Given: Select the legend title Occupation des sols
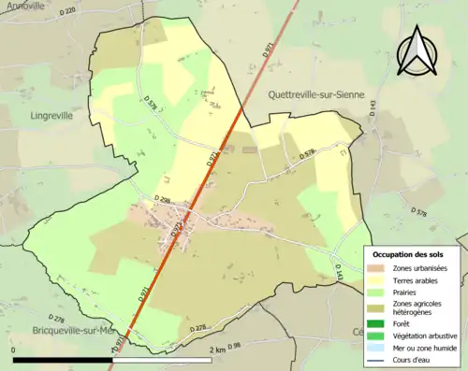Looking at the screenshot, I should tap(408, 254).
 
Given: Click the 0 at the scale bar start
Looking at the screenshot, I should tap(14, 350).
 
